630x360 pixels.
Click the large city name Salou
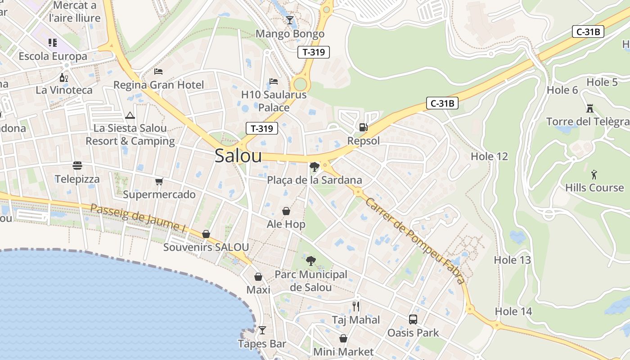tap(238, 156)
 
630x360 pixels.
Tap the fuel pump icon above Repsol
tap(363, 127)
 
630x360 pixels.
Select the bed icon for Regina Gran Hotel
tap(158, 71)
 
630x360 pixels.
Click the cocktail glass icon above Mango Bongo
tap(289, 20)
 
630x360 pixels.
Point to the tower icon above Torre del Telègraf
tap(589, 108)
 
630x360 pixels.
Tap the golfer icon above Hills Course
tap(594, 174)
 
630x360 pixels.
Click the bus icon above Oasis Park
tap(413, 319)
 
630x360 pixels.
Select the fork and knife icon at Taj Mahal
tap(356, 306)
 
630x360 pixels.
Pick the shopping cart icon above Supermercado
tap(159, 181)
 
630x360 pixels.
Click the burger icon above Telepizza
tap(77, 166)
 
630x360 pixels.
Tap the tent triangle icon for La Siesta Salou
tap(130, 115)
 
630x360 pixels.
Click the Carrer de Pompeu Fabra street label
tap(414, 241)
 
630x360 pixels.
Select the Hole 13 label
tap(512, 260)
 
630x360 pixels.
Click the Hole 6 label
tap(562, 90)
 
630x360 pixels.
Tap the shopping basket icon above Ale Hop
tap(286, 211)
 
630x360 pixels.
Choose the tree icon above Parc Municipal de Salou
tap(310, 261)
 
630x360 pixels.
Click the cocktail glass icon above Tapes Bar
tap(262, 330)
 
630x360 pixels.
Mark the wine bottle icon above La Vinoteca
tap(64, 77)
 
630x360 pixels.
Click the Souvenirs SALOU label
tap(206, 247)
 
